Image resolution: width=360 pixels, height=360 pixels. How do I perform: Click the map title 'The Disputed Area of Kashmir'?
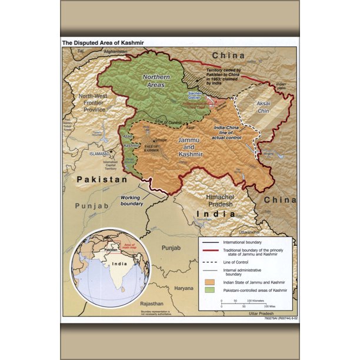103,43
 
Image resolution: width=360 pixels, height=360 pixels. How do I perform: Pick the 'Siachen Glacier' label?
195,95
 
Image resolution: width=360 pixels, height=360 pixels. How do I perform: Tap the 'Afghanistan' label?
115,52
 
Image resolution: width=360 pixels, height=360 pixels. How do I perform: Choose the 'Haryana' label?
184,288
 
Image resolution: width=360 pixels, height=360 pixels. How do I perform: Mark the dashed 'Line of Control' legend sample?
208,261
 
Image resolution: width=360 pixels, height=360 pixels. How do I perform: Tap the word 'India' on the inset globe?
121,264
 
